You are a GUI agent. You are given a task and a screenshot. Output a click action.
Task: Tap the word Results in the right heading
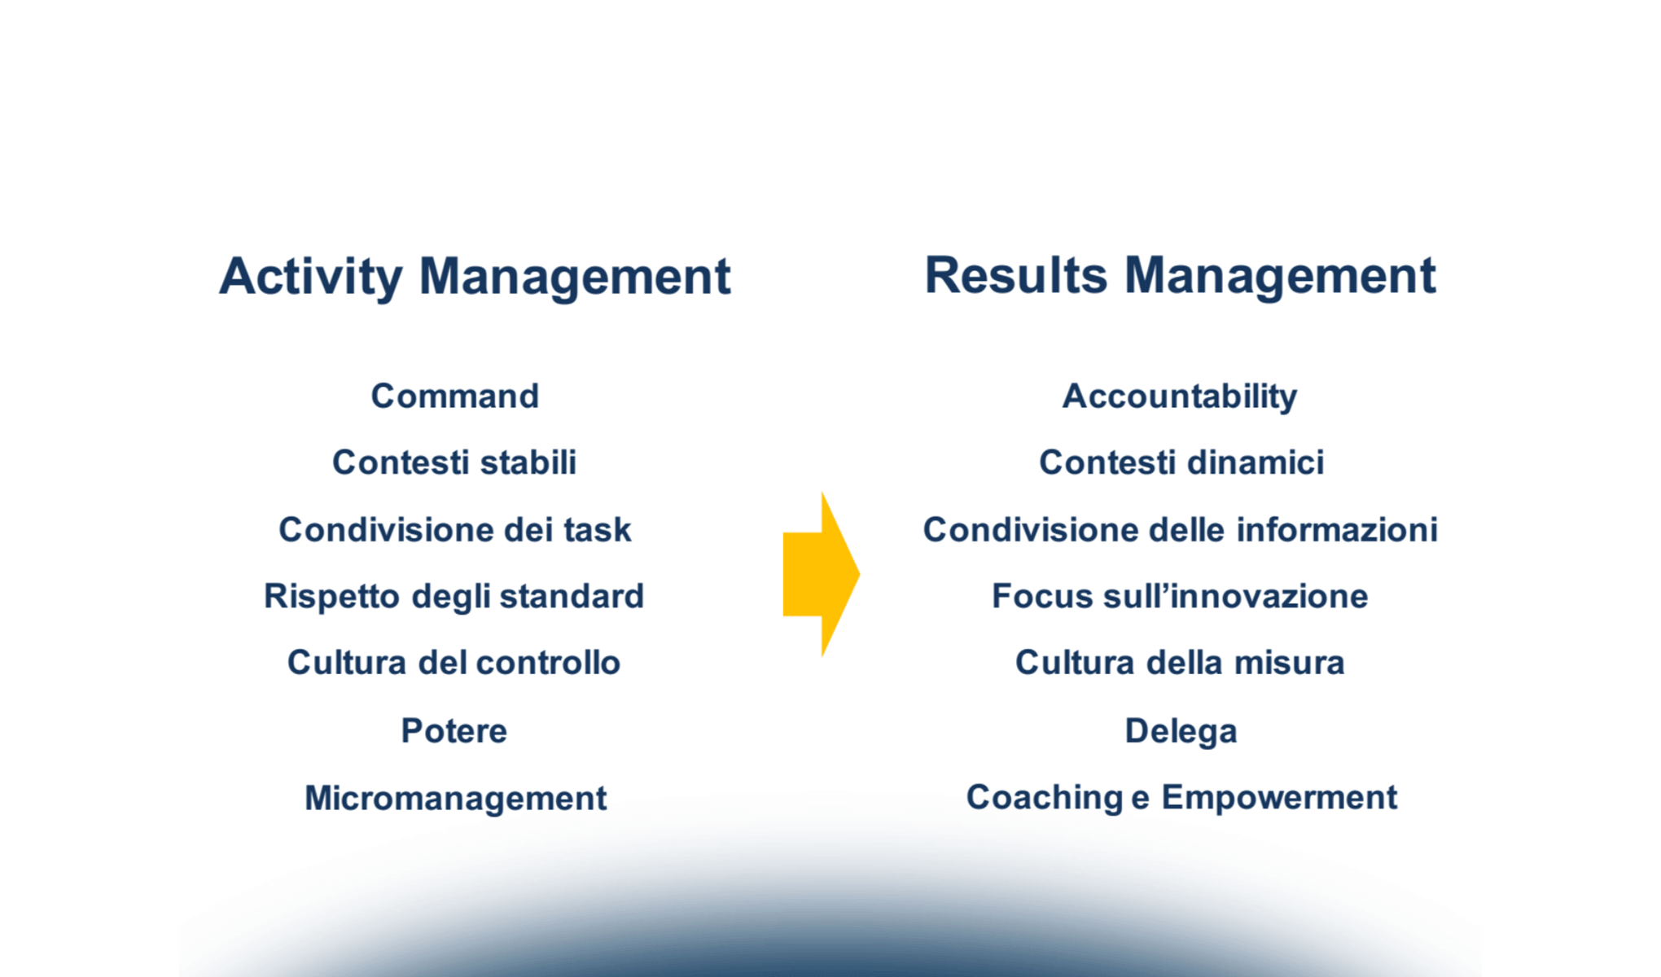(x=1015, y=275)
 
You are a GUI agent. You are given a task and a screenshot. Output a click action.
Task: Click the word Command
(x=455, y=396)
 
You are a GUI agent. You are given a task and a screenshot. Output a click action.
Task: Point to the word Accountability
(x=1180, y=397)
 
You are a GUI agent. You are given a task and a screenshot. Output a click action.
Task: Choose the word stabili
(x=528, y=462)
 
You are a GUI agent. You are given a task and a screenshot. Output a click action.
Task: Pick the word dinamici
(x=1256, y=462)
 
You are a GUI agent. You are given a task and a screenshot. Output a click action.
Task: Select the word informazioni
(x=1338, y=530)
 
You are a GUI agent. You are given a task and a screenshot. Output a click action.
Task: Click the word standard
(x=572, y=597)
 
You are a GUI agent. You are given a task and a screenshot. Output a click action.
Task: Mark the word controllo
(x=548, y=663)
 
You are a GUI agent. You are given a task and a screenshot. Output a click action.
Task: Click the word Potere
(x=454, y=731)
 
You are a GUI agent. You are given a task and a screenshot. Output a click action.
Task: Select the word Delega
(x=1181, y=732)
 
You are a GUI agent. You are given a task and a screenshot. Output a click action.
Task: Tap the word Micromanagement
(x=456, y=799)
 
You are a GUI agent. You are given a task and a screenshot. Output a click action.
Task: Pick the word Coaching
(x=1045, y=799)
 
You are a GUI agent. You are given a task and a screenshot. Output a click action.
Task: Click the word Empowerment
(x=1279, y=798)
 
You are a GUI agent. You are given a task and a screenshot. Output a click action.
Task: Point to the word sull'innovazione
(x=1235, y=596)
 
